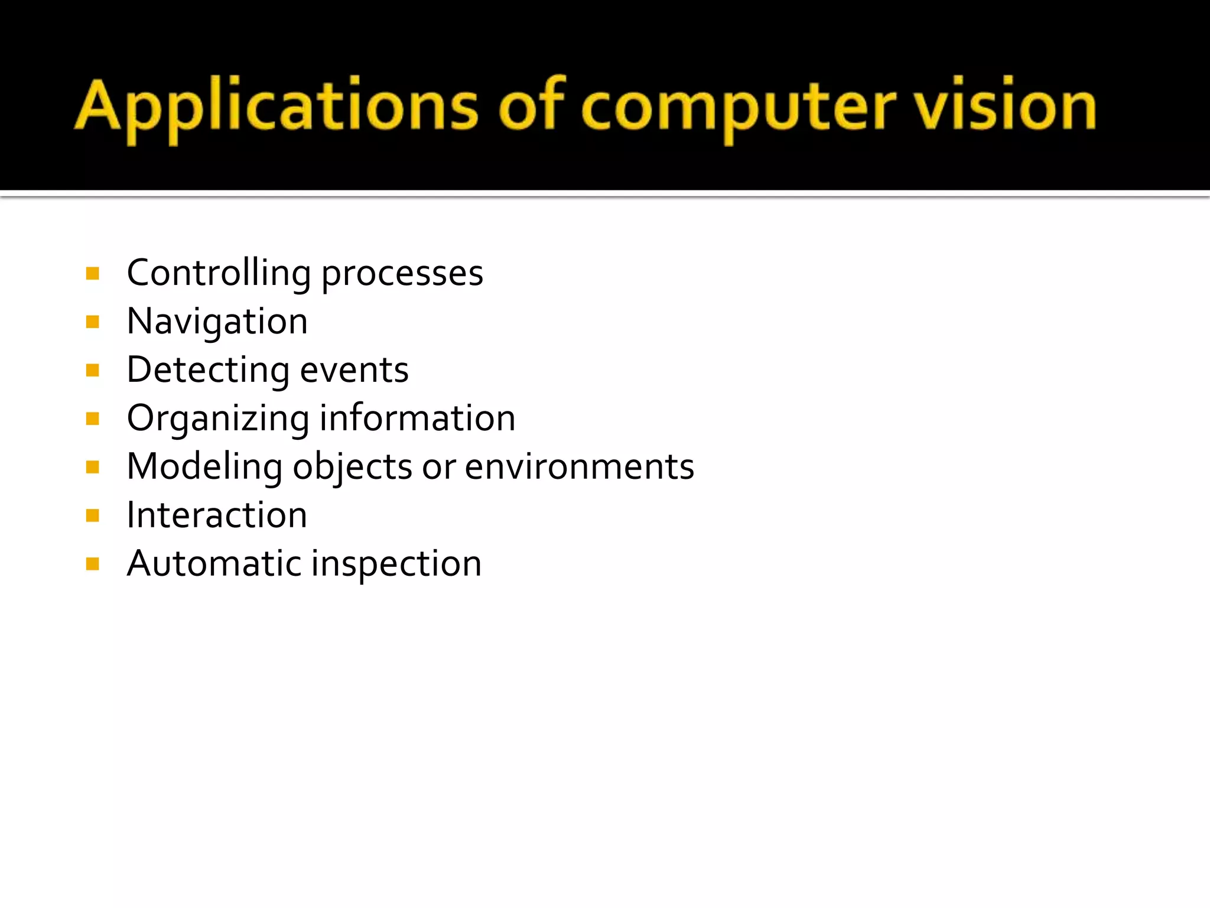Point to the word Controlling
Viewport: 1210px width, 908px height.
[219, 273]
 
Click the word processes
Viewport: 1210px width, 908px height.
[402, 274]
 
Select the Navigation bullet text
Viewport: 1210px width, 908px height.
[217, 322]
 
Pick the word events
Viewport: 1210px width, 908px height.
[354, 371]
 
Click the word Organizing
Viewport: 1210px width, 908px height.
[218, 419]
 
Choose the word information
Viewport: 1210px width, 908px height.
[417, 418]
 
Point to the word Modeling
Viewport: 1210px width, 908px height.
[204, 467]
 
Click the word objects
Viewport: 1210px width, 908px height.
[353, 468]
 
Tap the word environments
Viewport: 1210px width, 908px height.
[579, 467]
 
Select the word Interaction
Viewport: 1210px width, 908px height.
[217, 515]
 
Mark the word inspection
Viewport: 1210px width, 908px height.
[396, 565]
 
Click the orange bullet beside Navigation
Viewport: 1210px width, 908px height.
[93, 322]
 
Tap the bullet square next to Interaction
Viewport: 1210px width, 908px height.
[93, 516]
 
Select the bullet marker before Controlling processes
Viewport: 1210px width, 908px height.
[93, 274]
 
